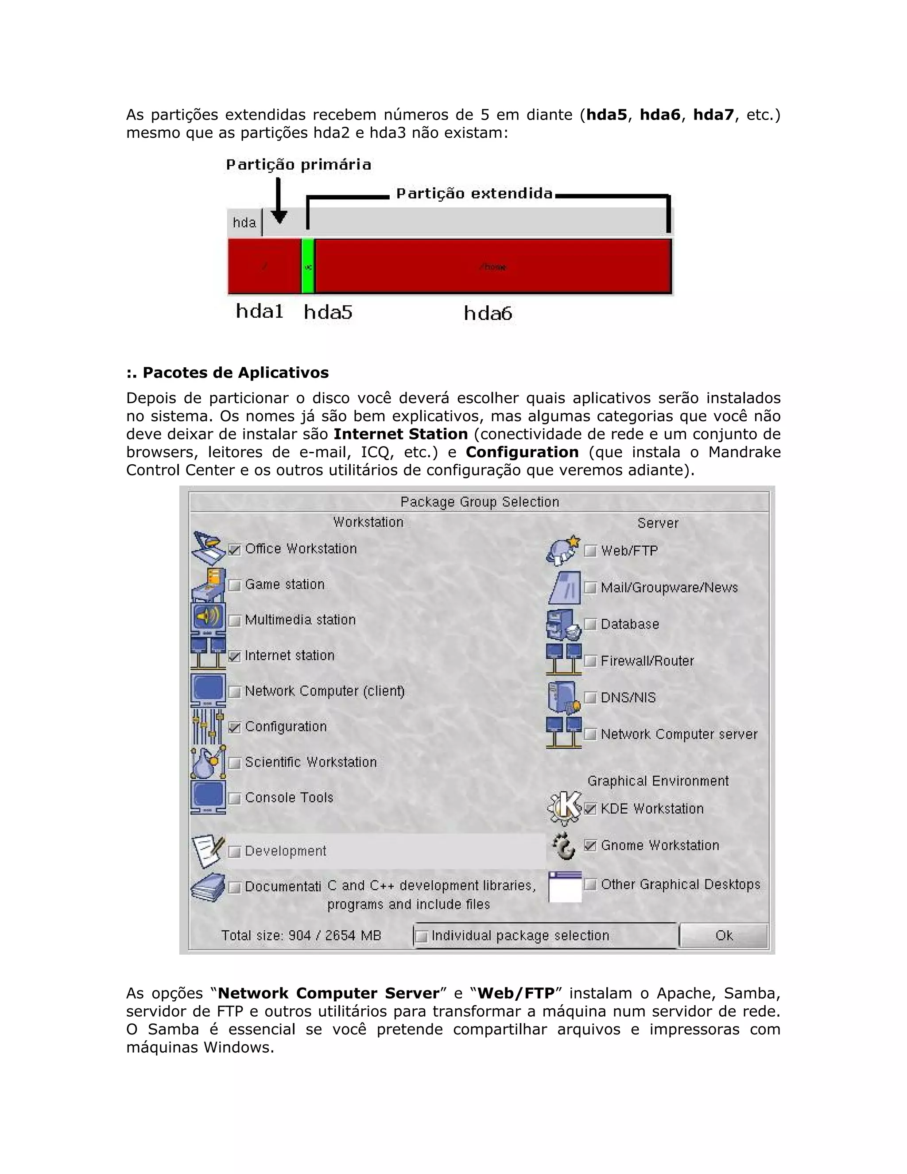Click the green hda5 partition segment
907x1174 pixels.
(x=307, y=267)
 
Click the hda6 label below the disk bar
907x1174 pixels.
(x=488, y=313)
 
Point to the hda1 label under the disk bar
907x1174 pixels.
(x=260, y=311)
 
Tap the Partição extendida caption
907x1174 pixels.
(x=474, y=194)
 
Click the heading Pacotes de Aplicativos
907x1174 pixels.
(x=227, y=373)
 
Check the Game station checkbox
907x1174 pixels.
(x=234, y=585)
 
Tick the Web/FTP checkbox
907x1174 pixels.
(x=590, y=551)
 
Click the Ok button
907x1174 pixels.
(x=723, y=936)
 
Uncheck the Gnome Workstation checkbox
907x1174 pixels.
(x=590, y=846)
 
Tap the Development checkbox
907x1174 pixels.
(x=234, y=851)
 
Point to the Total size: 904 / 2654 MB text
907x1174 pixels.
(x=301, y=936)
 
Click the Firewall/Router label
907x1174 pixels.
(x=647, y=661)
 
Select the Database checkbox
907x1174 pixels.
(x=590, y=624)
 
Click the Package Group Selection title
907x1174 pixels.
(x=479, y=502)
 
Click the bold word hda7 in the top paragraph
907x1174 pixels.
(x=713, y=114)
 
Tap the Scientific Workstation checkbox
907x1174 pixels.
(x=234, y=763)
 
